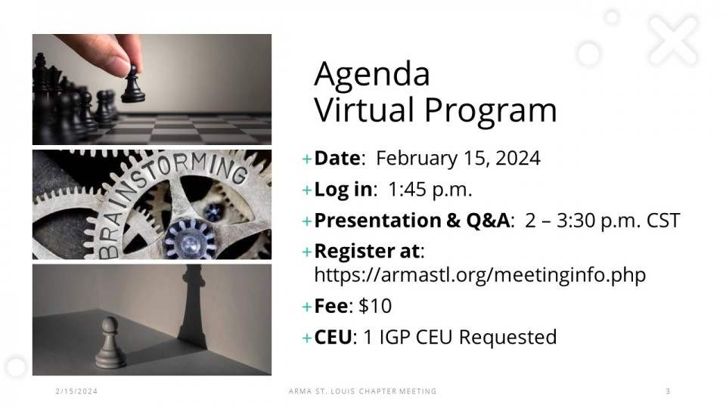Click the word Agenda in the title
tap(372, 75)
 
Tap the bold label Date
tap(337, 158)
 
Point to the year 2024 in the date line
tap(517, 158)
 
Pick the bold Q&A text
tap(488, 220)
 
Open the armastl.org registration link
tap(479, 275)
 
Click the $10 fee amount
tap(375, 306)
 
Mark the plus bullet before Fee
tap(306, 307)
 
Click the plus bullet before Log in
tap(306, 190)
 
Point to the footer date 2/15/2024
tap(76, 391)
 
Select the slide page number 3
tap(668, 391)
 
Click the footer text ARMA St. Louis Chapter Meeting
tap(362, 391)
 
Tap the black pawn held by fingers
tap(133, 85)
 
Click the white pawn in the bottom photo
tap(110, 343)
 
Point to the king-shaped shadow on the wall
tap(193, 305)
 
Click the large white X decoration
tap(673, 41)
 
